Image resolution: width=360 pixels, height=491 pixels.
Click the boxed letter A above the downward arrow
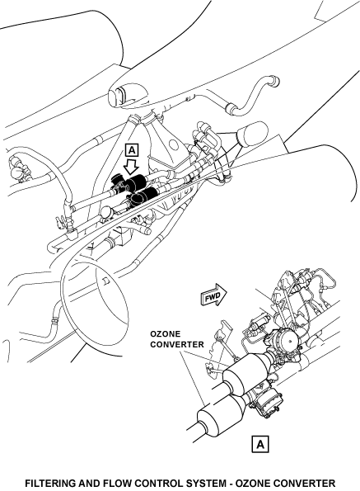coord(132,150)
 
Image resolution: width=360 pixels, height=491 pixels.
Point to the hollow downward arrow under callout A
coord(131,166)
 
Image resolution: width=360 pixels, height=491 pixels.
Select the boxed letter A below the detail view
coord(260,444)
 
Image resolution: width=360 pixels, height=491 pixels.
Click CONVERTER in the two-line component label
coord(177,345)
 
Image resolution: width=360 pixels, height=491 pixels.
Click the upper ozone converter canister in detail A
coord(247,374)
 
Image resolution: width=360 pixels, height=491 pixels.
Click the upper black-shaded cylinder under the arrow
coord(136,182)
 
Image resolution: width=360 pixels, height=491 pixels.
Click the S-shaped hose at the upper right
coord(252,95)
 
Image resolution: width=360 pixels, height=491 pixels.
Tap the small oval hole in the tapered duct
coord(172,145)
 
